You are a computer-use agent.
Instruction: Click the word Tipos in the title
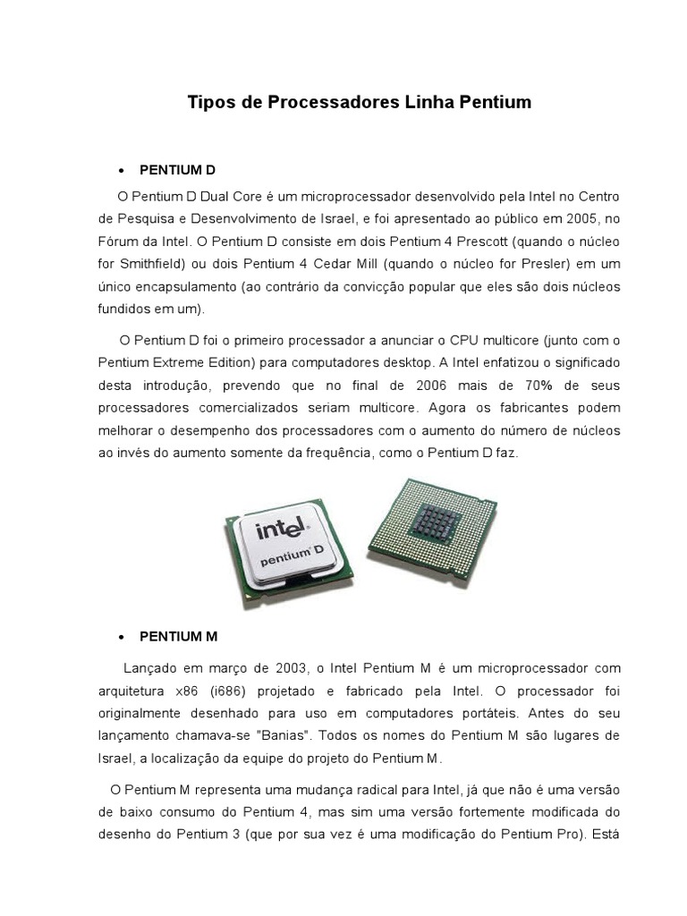[208, 103]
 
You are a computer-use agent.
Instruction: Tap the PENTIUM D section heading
[178, 170]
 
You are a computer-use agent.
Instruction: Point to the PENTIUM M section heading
[179, 637]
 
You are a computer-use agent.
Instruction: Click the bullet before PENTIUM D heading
[121, 171]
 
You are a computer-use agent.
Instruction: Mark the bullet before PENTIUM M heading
[121, 638]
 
